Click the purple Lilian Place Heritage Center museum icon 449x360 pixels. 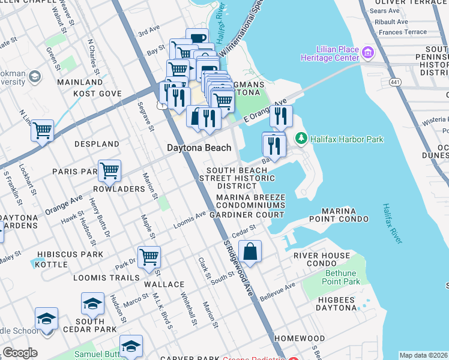click(x=367, y=53)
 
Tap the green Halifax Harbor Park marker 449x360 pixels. click(x=301, y=139)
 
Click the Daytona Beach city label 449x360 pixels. click(x=199, y=148)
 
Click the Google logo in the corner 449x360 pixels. click(x=19, y=353)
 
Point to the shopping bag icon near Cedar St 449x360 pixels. click(x=250, y=251)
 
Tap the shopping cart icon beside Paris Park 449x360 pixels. click(x=109, y=170)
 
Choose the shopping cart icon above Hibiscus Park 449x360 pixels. click(x=149, y=257)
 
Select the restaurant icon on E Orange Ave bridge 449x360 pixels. click(x=280, y=116)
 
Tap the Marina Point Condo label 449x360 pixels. click(x=345, y=215)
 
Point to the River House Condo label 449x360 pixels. click(x=321, y=259)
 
